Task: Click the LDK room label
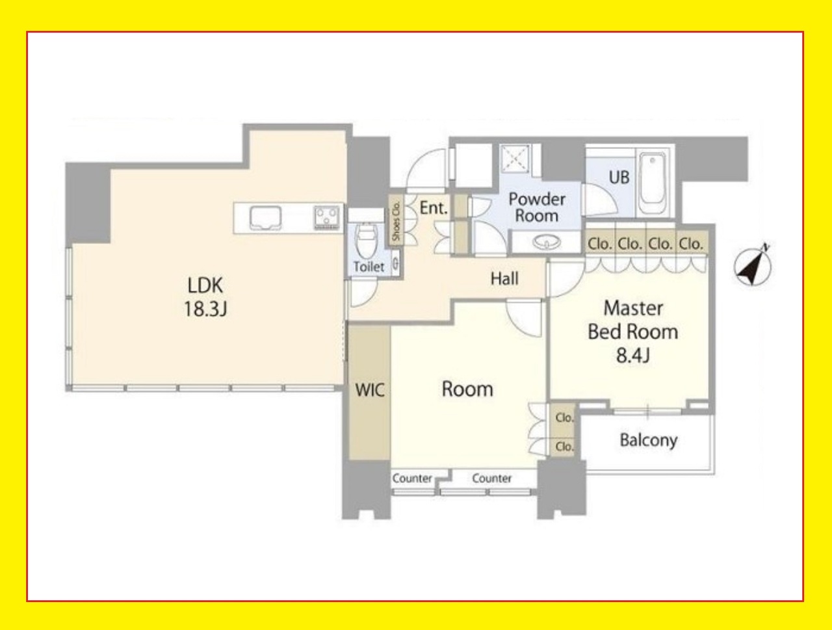[x=205, y=285]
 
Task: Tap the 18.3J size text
[x=205, y=309]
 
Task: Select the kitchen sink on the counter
[x=265, y=218]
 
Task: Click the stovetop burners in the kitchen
[x=326, y=218]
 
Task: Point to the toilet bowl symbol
[x=365, y=239]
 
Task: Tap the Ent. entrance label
[x=434, y=208]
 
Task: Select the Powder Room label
[x=537, y=207]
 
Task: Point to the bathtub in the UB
[x=652, y=183]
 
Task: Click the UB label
[x=619, y=177]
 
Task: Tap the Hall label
[x=504, y=279]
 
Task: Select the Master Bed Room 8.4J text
[x=632, y=332]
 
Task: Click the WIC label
[x=370, y=390]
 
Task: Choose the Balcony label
[x=649, y=440]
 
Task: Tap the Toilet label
[x=369, y=267]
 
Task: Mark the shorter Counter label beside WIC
[x=412, y=479]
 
